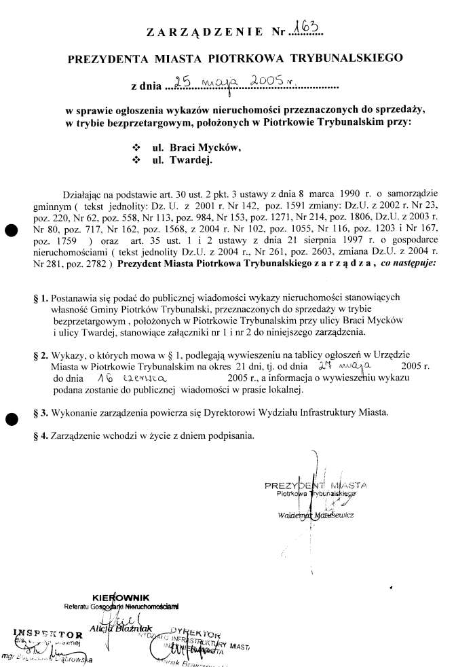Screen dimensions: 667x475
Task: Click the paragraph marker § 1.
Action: (41, 298)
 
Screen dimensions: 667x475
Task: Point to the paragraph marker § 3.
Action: (41, 412)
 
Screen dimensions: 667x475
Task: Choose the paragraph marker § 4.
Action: (41, 435)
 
